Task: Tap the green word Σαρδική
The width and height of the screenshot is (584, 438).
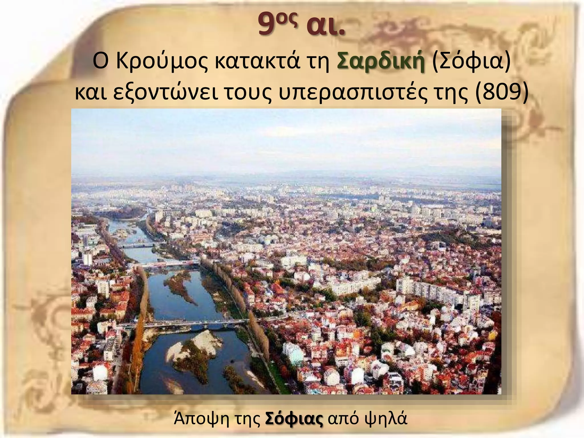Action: click(x=381, y=62)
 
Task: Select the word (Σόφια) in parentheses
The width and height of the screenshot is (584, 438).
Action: click(x=471, y=62)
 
